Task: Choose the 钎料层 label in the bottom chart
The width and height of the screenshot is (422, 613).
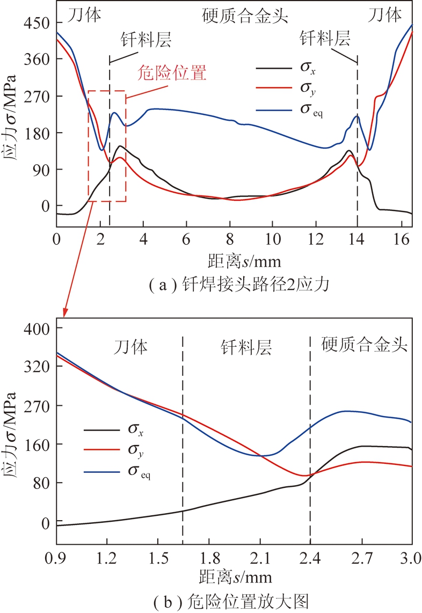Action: (246, 348)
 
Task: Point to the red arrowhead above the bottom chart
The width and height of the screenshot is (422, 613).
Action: (64, 312)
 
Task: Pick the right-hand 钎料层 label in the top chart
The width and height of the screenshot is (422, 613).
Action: (325, 38)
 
